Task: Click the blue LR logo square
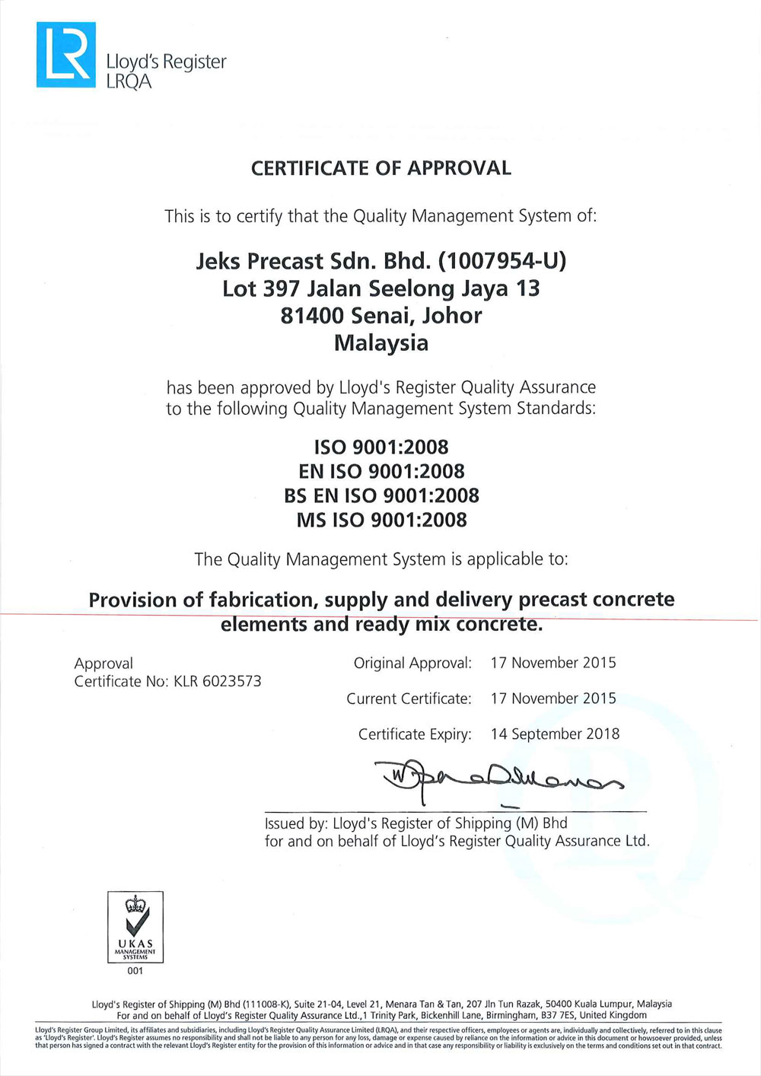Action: click(x=66, y=55)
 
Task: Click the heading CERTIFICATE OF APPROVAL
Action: click(x=380, y=168)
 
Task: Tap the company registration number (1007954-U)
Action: click(x=502, y=261)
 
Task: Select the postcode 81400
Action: click(x=307, y=315)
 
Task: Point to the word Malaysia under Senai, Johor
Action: click(x=381, y=342)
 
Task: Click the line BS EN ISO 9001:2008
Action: click(x=381, y=495)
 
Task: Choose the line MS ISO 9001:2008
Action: click(x=381, y=520)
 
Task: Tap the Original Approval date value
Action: click(x=553, y=663)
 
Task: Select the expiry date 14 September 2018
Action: click(x=555, y=734)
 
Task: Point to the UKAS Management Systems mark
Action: click(x=135, y=927)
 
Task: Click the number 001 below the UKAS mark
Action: click(x=135, y=971)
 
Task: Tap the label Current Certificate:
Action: click(x=409, y=699)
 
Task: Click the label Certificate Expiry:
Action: click(x=415, y=734)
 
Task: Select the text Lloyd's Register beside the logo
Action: click(x=167, y=62)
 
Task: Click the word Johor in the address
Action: click(x=452, y=315)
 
